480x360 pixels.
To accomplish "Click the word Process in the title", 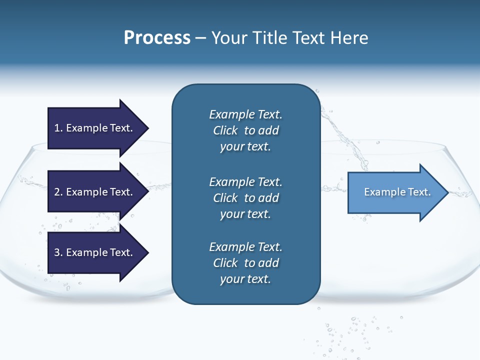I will coord(157,38).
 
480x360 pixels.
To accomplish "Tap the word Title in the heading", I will coord(270,38).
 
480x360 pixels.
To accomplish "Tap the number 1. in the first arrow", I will coord(58,128).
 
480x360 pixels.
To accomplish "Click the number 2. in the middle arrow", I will coord(58,192).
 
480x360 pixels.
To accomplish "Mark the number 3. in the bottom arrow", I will coord(58,252).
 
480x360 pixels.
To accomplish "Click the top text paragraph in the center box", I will coord(245,130).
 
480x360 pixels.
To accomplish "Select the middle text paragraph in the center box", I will coord(245,197).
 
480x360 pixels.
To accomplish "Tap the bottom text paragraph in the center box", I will coord(245,263).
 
